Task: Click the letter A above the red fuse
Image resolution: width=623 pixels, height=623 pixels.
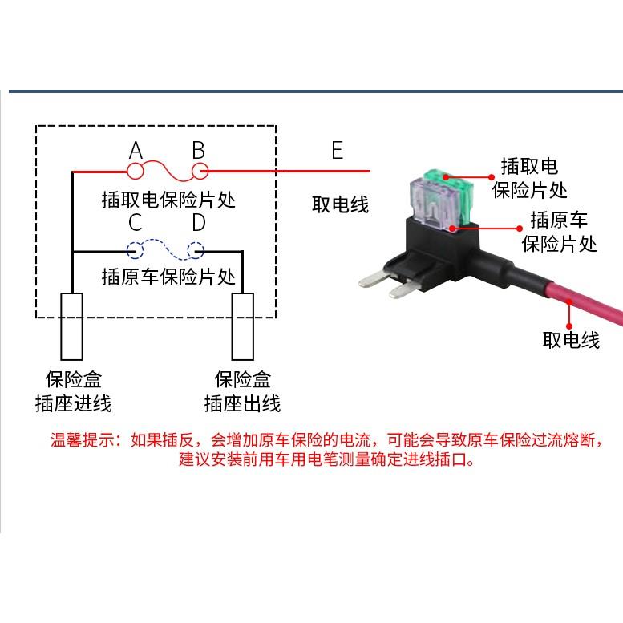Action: click(136, 150)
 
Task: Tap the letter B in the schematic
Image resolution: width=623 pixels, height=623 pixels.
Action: click(198, 150)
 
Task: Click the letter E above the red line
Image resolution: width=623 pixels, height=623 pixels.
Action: click(337, 150)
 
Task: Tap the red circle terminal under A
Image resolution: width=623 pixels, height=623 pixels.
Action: click(136, 171)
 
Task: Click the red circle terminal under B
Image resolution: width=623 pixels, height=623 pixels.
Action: click(198, 171)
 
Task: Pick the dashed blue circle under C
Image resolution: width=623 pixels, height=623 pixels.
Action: click(134, 251)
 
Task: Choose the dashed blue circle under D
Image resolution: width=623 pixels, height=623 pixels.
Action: click(196, 251)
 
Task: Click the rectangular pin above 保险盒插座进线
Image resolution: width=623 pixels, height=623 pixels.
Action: click(71, 326)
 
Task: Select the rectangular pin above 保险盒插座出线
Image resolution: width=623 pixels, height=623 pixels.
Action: click(243, 326)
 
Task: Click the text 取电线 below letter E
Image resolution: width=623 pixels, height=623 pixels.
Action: click(340, 205)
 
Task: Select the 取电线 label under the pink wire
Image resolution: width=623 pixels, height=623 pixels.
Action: click(571, 340)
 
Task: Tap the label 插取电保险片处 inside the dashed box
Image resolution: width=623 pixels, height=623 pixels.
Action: click(168, 198)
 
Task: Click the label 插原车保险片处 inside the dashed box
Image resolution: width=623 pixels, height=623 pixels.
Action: click(168, 277)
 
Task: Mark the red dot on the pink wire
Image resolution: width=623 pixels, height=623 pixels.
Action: click(568, 302)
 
